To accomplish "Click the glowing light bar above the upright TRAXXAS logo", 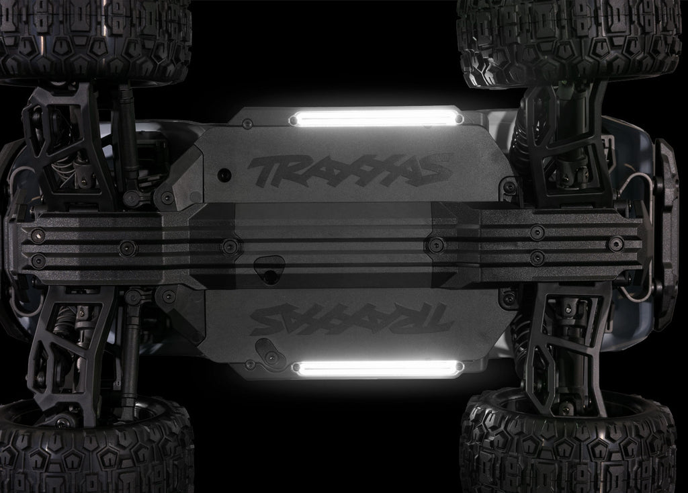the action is pyautogui.click(x=376, y=118).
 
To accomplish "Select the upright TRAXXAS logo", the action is pyautogui.click(x=345, y=169).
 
